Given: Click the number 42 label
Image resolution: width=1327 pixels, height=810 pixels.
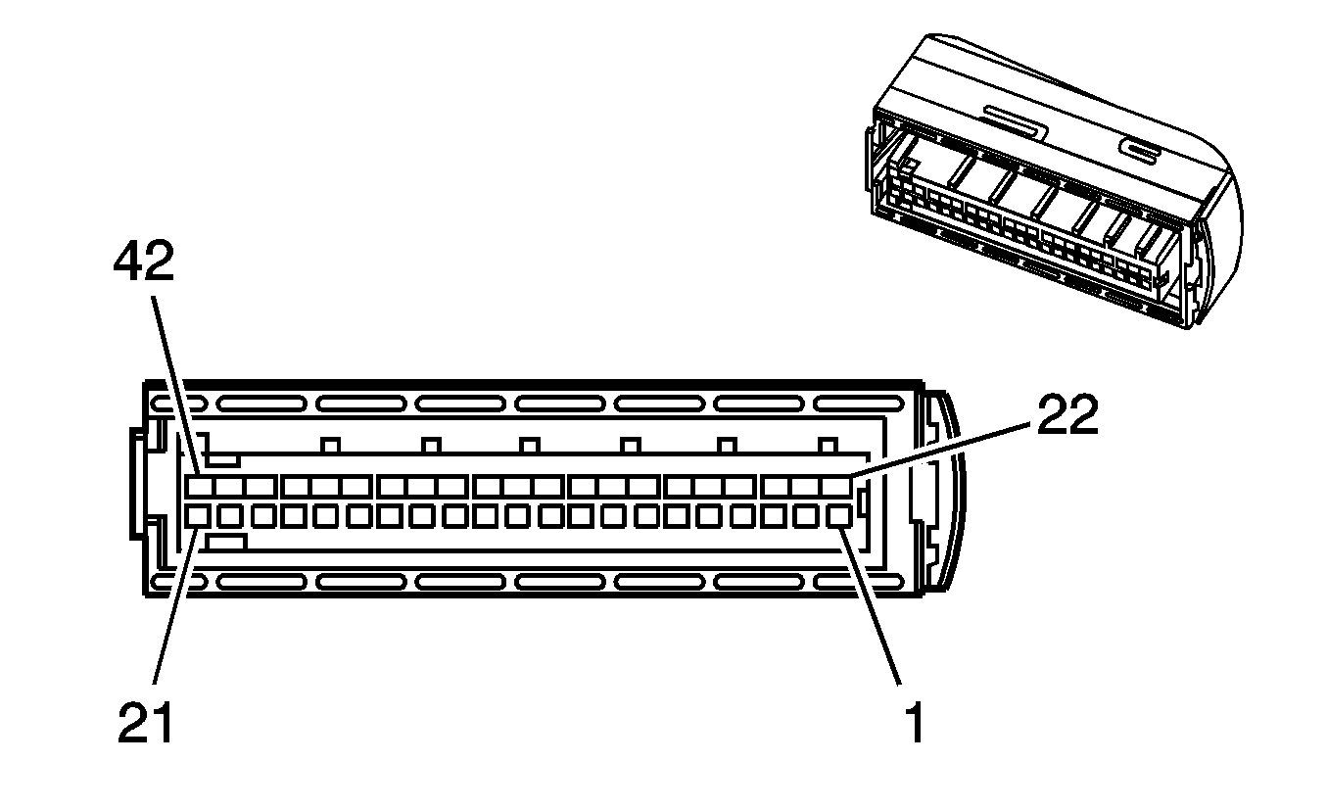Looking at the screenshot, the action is pos(144,262).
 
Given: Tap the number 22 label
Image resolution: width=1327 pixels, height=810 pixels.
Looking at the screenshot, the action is pos(1067,415).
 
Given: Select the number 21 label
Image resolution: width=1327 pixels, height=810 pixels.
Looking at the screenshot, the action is pos(145,722).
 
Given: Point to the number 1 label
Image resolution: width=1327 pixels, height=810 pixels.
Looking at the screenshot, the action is pos(915,722).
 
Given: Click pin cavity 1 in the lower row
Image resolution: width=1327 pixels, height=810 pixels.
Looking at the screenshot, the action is pos(838,517).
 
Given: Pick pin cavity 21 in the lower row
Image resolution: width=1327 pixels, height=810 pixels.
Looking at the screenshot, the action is pos(197,517).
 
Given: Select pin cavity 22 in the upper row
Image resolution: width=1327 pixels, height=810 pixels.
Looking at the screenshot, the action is pos(836,487).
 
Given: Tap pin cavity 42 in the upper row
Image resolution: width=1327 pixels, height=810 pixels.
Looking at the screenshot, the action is pos(199,487).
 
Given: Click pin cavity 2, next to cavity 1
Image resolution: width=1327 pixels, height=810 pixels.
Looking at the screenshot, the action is pos(806,517).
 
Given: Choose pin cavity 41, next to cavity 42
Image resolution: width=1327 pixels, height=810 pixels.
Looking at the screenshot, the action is pos(228,487).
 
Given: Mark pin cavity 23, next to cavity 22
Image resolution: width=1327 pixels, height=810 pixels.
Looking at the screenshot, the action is pos(807,487).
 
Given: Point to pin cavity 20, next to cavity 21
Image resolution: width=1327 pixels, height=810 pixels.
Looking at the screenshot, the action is pos(229,517).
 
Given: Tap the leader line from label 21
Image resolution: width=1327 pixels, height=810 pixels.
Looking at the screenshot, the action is pos(175,606).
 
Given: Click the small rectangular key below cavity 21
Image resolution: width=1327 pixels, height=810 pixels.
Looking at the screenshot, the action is pos(226,542).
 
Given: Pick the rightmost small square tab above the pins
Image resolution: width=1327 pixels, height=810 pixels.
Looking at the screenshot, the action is pos(828,446).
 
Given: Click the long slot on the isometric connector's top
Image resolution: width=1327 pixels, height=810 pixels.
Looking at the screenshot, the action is pos(1016,122).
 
